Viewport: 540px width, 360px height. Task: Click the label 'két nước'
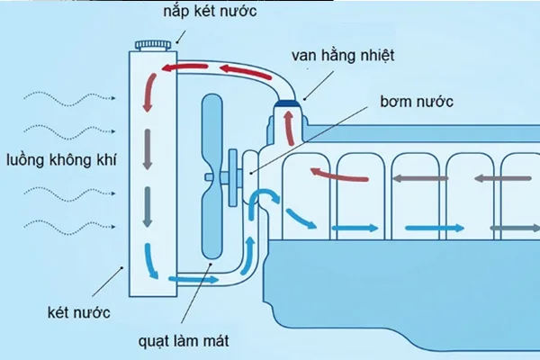pos(80,313)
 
